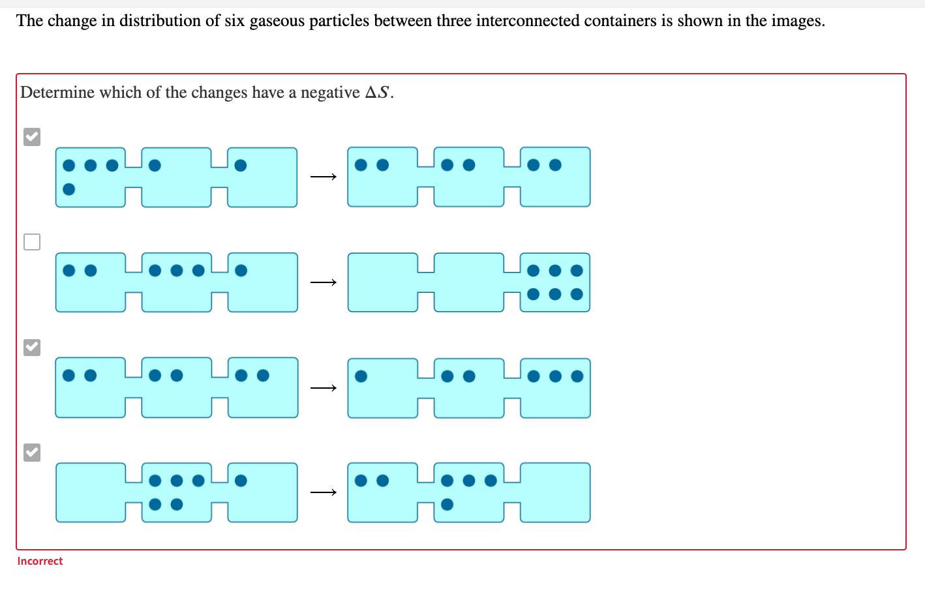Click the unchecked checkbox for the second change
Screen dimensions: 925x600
pos(32,242)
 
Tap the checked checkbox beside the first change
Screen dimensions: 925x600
pos(32,137)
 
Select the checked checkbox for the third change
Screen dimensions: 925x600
pos(32,347)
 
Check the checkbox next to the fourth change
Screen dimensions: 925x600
pos(32,452)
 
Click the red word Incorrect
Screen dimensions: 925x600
pos(40,561)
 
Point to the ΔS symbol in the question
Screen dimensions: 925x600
pos(378,93)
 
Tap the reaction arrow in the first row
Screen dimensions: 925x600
pos(324,177)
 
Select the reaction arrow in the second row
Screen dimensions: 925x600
pos(324,282)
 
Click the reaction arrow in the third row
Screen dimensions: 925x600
pos(324,388)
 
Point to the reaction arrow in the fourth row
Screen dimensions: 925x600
pos(324,492)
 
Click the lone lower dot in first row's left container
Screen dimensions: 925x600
pos(68,189)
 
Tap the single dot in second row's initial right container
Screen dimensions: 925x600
pos(241,270)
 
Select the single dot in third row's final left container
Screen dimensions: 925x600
pos(361,376)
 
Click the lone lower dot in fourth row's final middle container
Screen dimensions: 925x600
pos(447,504)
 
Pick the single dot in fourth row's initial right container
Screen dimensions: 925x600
pos(241,481)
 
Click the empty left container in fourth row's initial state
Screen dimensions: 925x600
pos(90,492)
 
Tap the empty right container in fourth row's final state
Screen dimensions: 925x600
pos(555,492)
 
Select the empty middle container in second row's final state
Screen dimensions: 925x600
pos(468,282)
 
